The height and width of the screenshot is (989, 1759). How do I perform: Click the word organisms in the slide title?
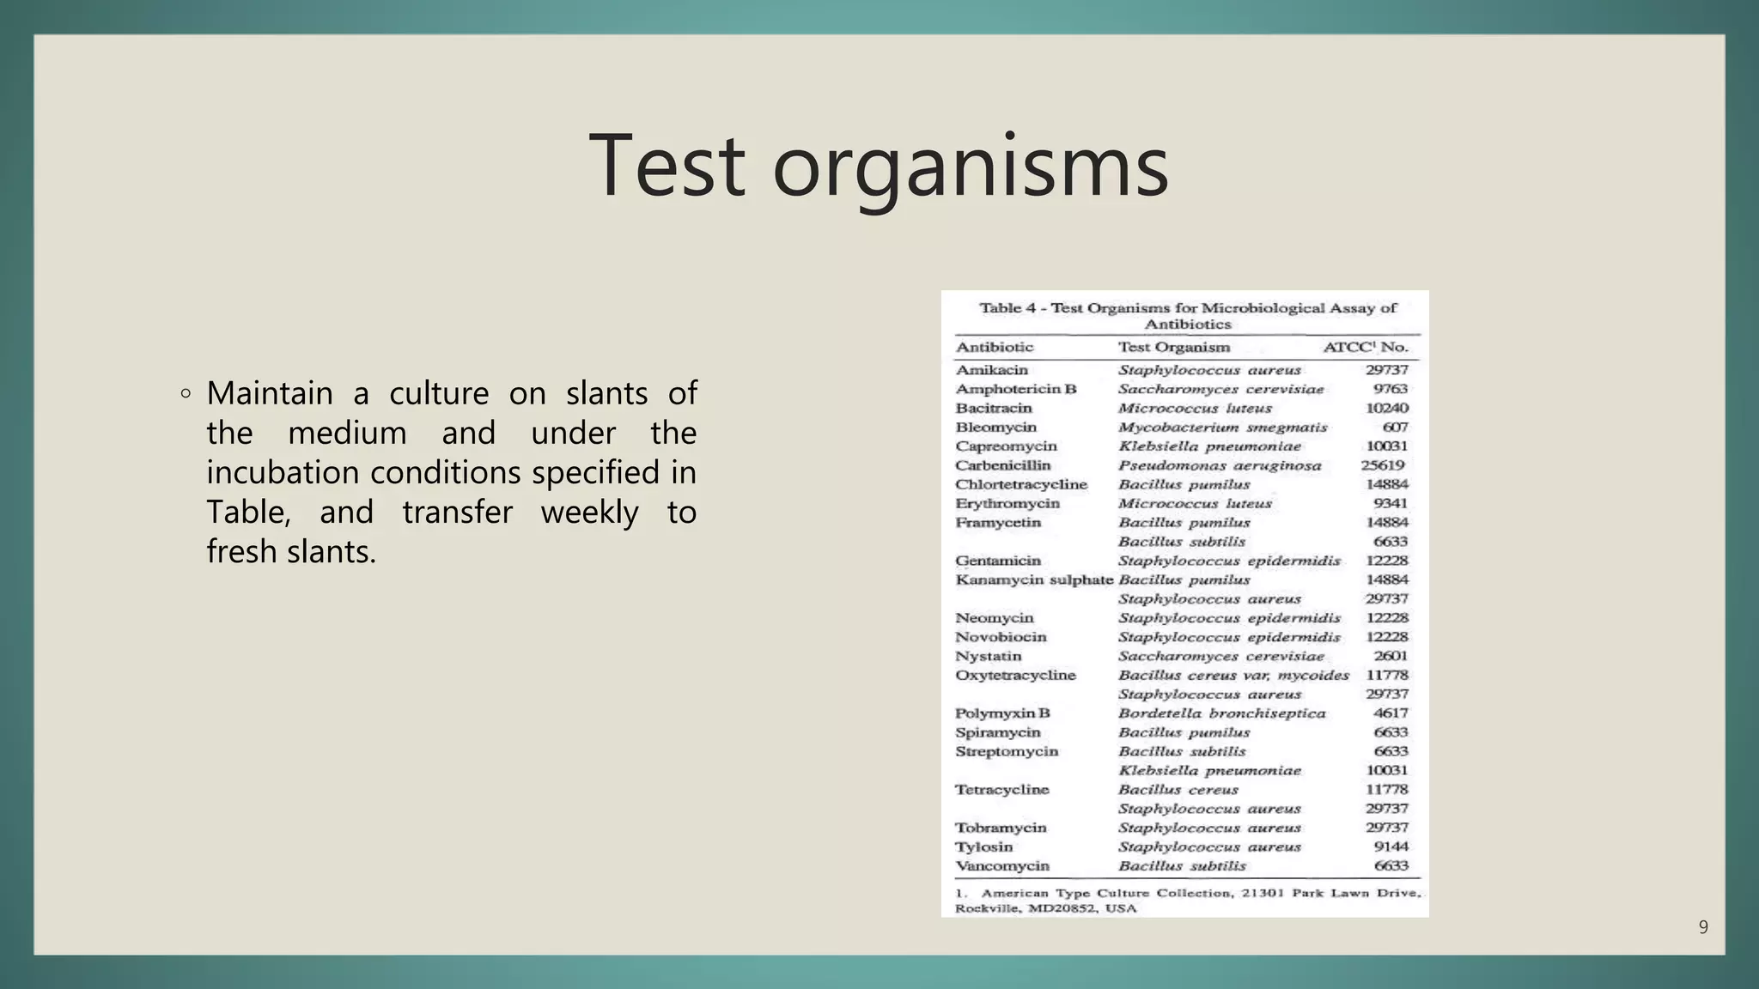[971, 167]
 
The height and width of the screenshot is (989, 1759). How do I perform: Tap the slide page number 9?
[1703, 927]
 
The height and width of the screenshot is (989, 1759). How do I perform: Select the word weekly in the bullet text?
[589, 513]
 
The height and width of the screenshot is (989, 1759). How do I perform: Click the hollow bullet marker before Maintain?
[186, 394]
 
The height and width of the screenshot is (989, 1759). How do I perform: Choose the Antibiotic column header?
[994, 348]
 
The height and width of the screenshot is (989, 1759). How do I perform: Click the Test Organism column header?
[1173, 348]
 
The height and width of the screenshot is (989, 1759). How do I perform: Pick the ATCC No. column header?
[1365, 348]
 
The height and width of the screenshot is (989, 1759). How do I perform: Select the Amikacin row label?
[991, 370]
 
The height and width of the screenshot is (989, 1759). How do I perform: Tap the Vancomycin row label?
[1001, 866]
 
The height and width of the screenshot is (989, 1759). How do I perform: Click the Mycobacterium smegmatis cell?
[1222, 428]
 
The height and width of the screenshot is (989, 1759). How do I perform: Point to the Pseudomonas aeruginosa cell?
[1219, 465]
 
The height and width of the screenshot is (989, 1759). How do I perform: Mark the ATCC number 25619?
[1383, 465]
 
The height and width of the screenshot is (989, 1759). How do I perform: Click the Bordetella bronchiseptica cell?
[1221, 713]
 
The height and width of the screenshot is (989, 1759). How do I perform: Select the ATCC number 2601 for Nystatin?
[1391, 656]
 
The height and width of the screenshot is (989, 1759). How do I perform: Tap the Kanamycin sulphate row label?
[1033, 580]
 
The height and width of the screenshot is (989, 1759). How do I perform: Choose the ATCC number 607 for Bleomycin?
[1395, 428]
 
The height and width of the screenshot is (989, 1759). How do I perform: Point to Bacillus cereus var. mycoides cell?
[1233, 676]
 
